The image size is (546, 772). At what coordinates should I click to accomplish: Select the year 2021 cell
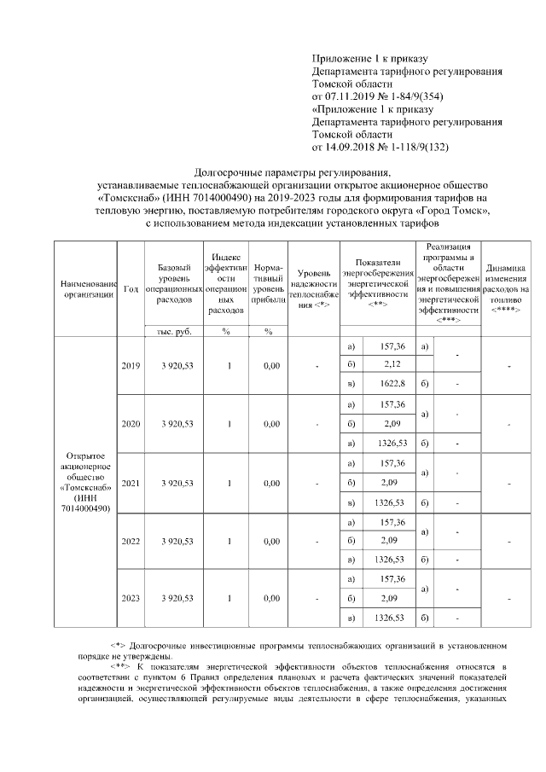[x=131, y=483]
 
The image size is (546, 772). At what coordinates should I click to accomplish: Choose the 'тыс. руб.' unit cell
[x=174, y=331]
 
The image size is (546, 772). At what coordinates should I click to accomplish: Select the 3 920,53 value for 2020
[x=174, y=424]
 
